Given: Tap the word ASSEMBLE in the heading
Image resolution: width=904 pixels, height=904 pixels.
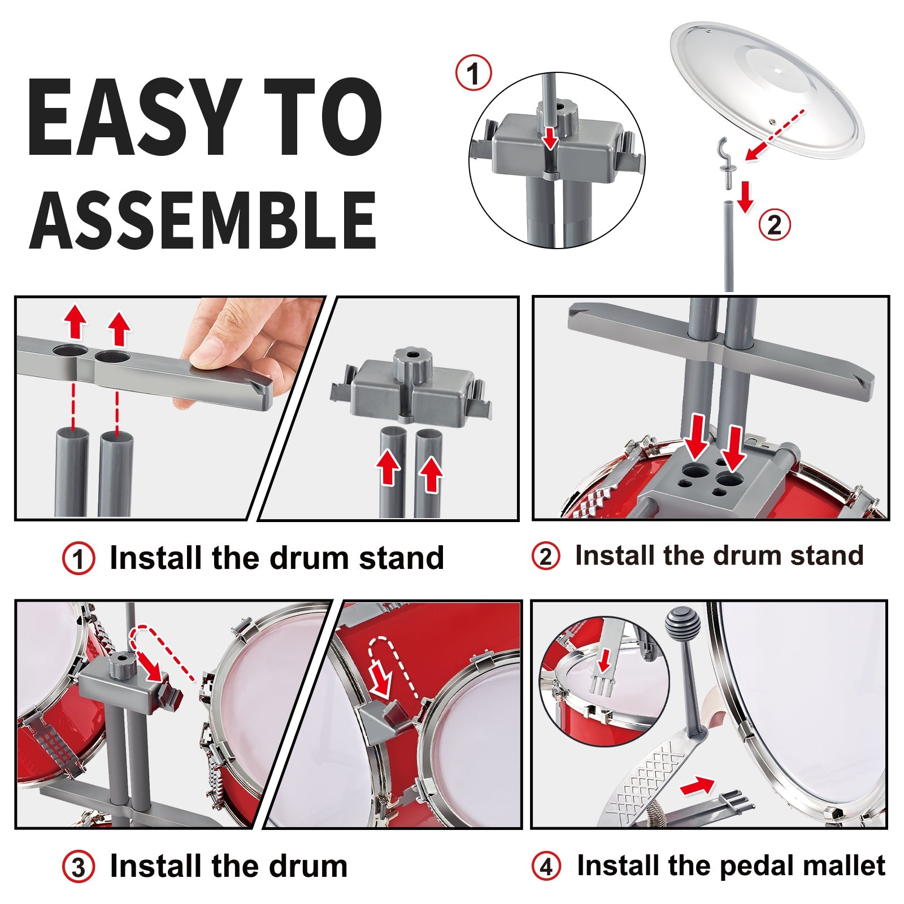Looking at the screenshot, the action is (203, 220).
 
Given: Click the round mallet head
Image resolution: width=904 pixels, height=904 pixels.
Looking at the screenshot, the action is (683, 623).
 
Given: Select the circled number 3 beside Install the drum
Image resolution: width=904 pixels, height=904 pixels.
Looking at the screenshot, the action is (78, 867).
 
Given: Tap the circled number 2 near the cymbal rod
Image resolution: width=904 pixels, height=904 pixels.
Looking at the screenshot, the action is (775, 225).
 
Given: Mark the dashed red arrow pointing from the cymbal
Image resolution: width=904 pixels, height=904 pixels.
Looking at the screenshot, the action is (774, 135).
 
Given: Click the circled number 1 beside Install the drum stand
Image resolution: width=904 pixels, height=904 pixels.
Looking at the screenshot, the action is (78, 559).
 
